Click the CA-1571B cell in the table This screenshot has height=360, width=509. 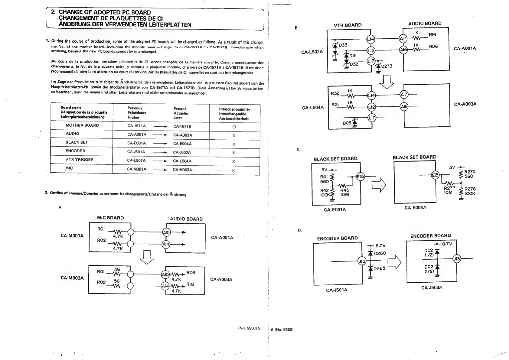point(182,126)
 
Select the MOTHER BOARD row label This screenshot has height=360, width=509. point(82,125)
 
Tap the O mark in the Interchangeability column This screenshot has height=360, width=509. point(234,127)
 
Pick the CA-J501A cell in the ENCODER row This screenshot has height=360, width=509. point(136,152)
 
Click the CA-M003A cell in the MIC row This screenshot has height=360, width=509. point(182,170)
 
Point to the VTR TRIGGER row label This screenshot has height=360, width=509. point(80,160)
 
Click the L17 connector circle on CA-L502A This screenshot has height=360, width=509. point(371,61)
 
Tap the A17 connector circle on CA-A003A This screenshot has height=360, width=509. point(404,95)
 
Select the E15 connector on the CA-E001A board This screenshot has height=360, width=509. point(361,177)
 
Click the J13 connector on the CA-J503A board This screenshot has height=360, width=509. point(457,259)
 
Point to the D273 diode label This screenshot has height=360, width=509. point(387,66)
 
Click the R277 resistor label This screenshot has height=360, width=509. point(449,188)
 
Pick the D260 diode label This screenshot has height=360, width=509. point(380,253)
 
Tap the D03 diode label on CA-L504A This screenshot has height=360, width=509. point(347,123)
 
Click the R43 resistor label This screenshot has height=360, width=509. point(344,190)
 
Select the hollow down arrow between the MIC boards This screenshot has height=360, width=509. point(148,257)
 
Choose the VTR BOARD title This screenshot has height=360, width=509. point(347,25)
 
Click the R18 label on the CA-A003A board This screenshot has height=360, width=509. point(190,284)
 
